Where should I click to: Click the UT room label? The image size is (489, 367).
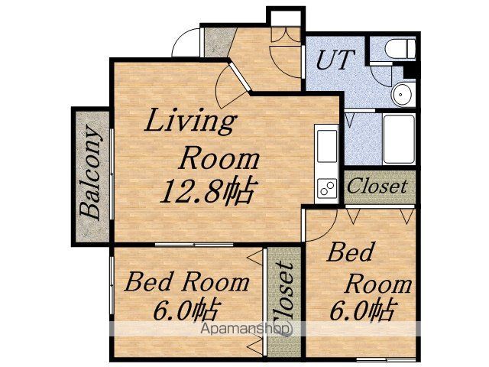[335, 60]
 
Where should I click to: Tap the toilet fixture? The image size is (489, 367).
[400, 48]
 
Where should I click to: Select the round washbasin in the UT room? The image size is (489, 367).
[403, 93]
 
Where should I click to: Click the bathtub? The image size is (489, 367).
[399, 139]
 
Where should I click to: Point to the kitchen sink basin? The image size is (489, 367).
[327, 146]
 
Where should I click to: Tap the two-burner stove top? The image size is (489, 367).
[327, 188]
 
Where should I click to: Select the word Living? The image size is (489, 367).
[190, 121]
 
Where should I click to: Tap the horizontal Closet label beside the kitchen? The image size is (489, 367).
[377, 187]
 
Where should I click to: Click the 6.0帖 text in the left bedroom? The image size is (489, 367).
[185, 310]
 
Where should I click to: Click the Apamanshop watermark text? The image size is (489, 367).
[246, 328]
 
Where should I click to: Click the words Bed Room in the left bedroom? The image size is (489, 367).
[186, 282]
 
